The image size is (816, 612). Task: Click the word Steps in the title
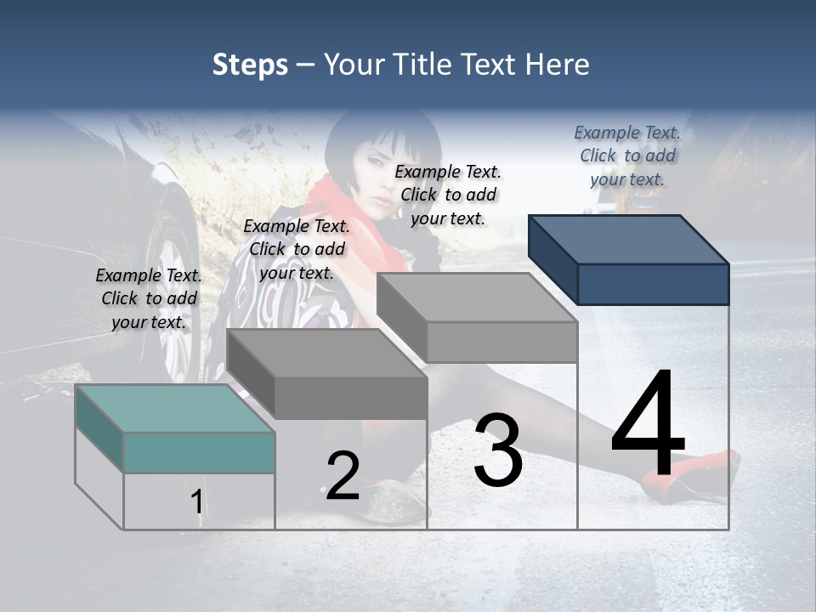pyautogui.click(x=250, y=65)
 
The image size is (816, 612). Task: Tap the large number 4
pyautogui.click(x=648, y=425)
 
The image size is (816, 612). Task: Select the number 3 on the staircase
pyautogui.click(x=498, y=450)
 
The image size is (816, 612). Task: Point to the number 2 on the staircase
pyautogui.click(x=343, y=476)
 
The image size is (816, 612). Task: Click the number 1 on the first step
pyautogui.click(x=197, y=502)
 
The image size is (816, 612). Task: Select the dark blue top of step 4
pyautogui.click(x=629, y=240)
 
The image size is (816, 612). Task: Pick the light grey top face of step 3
pyautogui.click(x=476, y=297)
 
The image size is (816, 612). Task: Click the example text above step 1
pyautogui.click(x=149, y=298)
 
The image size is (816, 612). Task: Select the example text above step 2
pyautogui.click(x=297, y=249)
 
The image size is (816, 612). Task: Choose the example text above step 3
pyautogui.click(x=448, y=195)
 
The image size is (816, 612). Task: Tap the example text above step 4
pyautogui.click(x=627, y=156)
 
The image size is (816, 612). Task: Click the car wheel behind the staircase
pyautogui.click(x=174, y=280)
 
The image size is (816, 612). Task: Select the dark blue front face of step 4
pyautogui.click(x=653, y=284)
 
